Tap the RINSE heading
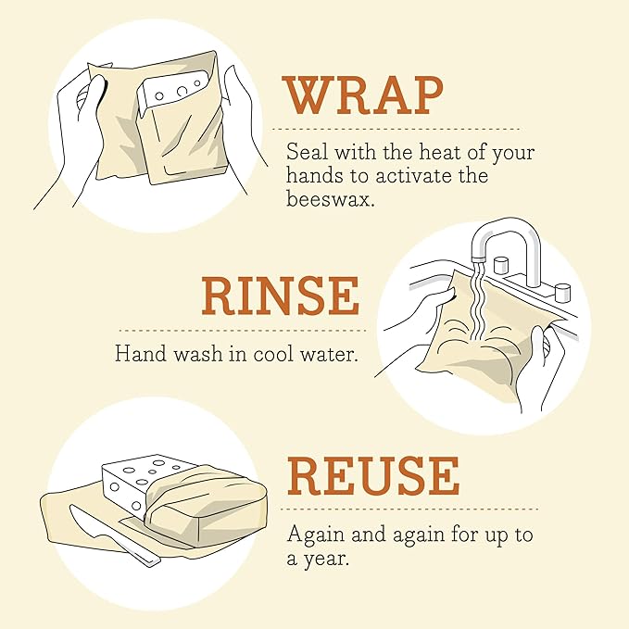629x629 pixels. [280, 296]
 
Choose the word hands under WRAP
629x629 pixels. [314, 175]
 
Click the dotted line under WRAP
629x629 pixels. [400, 129]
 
